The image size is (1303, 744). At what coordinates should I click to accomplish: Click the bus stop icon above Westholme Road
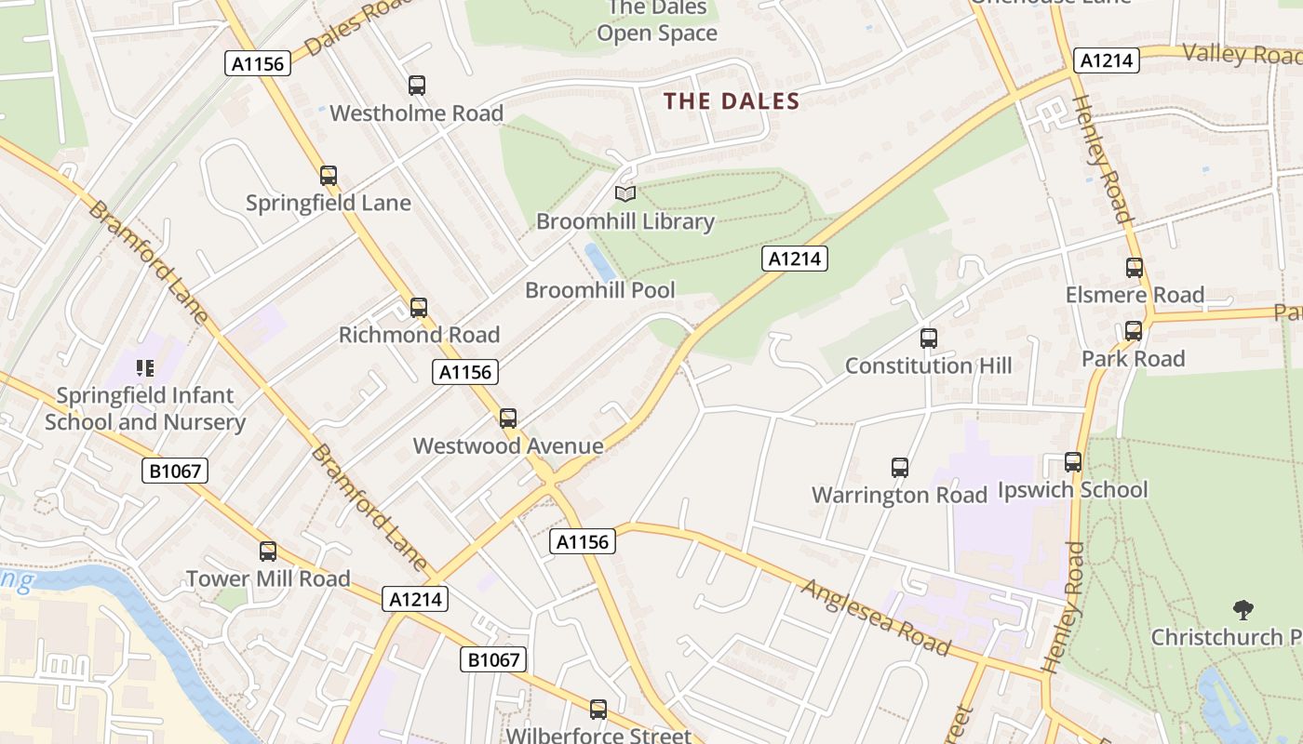click(x=417, y=86)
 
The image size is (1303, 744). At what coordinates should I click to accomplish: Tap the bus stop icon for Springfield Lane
click(x=329, y=176)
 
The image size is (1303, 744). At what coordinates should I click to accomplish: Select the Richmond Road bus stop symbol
click(x=419, y=308)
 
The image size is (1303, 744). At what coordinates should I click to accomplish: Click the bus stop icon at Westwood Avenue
click(x=508, y=418)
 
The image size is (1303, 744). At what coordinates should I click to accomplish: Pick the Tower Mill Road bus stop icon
click(x=268, y=551)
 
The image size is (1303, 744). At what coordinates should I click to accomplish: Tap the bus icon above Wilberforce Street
click(x=598, y=710)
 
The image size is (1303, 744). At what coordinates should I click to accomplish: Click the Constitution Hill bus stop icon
click(x=928, y=339)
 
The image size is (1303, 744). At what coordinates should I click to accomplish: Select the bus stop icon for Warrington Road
click(x=899, y=468)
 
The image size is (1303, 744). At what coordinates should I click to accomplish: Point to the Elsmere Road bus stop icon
click(x=1135, y=268)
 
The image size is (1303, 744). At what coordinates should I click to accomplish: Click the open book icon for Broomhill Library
click(x=625, y=194)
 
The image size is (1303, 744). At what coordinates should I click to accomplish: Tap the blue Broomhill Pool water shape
click(x=598, y=261)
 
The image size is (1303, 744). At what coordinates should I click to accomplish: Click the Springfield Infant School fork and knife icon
click(x=144, y=368)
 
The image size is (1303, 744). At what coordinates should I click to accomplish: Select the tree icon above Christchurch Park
click(x=1243, y=610)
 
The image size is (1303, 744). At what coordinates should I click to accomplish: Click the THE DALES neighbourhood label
click(x=732, y=101)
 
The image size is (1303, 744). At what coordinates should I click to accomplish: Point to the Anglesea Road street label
click(x=876, y=618)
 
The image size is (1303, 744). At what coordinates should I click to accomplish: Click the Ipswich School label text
click(x=1072, y=490)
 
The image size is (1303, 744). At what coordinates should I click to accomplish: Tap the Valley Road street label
click(x=1242, y=54)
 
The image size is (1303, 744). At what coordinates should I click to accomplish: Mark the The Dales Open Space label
click(x=657, y=20)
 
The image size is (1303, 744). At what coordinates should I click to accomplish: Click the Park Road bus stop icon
click(x=1133, y=331)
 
